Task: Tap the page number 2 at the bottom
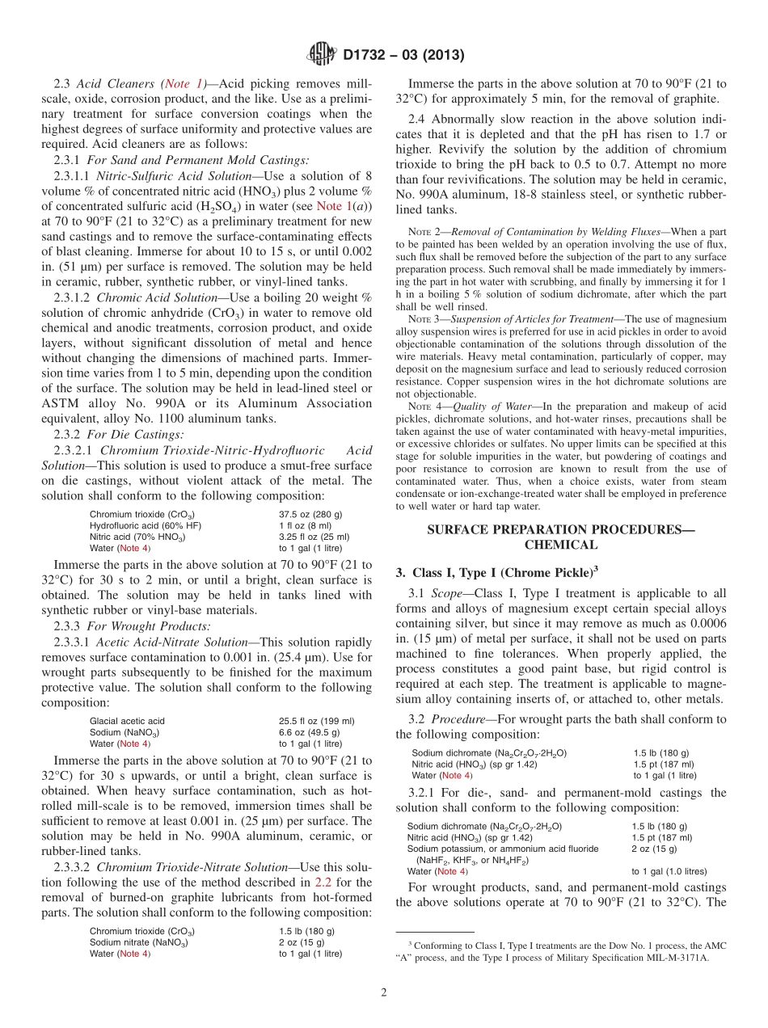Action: (383, 992)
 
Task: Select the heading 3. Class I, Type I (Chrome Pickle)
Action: (496, 572)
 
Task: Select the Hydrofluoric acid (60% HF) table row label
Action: (146, 525)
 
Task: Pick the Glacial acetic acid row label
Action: (127, 721)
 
